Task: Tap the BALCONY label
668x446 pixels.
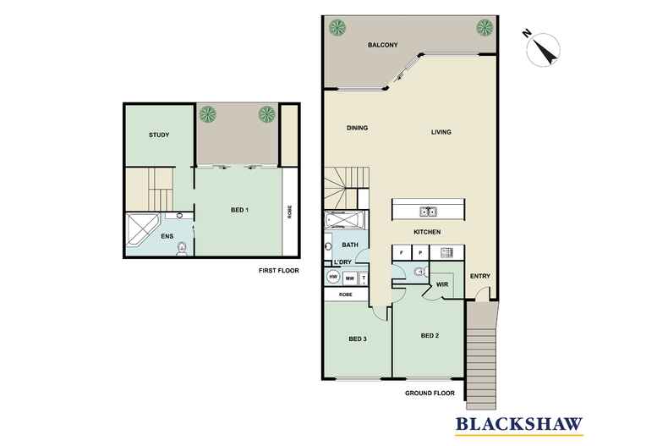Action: point(383,45)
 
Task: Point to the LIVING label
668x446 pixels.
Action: point(441,132)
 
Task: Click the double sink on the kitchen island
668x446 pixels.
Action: point(428,212)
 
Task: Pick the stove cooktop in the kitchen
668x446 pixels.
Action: point(446,252)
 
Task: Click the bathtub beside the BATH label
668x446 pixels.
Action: point(343,222)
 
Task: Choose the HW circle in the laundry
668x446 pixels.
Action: point(333,278)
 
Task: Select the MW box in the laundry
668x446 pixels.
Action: point(349,278)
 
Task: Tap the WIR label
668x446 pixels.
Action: point(441,285)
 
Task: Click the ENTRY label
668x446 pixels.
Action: point(479,277)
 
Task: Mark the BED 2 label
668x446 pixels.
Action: point(431,336)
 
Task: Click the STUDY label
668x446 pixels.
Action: point(159,135)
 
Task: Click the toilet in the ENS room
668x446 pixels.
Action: point(181,248)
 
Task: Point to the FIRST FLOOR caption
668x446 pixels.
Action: point(280,271)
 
